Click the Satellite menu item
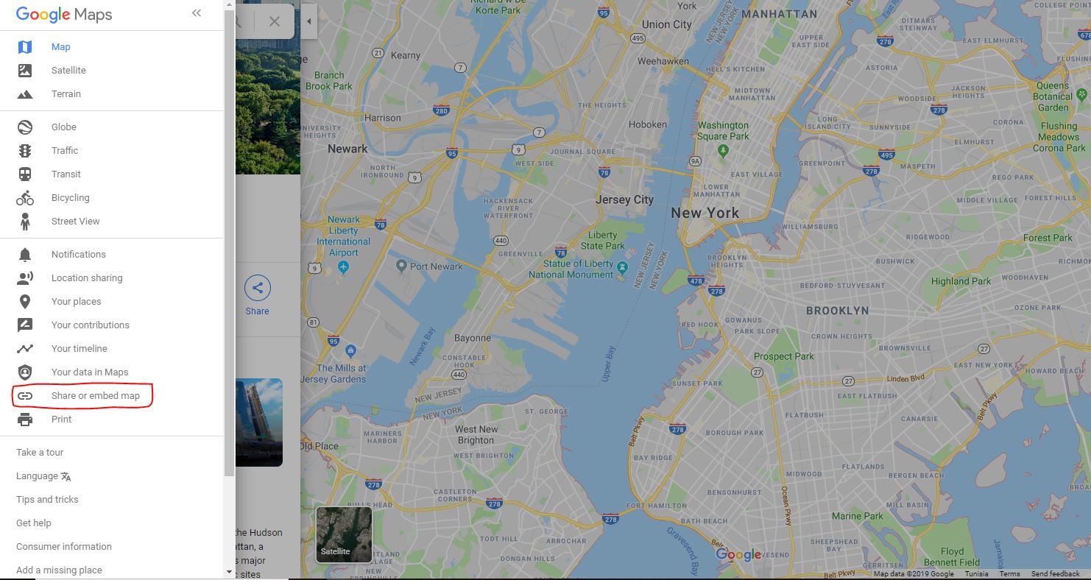click(68, 71)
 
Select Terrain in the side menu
click(66, 94)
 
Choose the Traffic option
click(65, 151)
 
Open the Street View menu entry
click(75, 222)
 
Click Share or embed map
click(95, 396)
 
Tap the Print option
click(61, 420)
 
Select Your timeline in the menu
click(79, 349)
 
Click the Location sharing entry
click(87, 278)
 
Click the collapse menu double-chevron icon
click(196, 13)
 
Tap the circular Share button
click(257, 289)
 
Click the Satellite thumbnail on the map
click(344, 534)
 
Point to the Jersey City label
click(624, 199)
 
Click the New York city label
click(705, 213)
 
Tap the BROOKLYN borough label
click(837, 311)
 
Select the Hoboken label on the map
click(648, 125)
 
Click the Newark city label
click(347, 149)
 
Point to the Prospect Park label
click(783, 356)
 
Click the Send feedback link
click(1055, 574)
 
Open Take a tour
click(40, 453)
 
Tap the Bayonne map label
click(473, 339)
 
